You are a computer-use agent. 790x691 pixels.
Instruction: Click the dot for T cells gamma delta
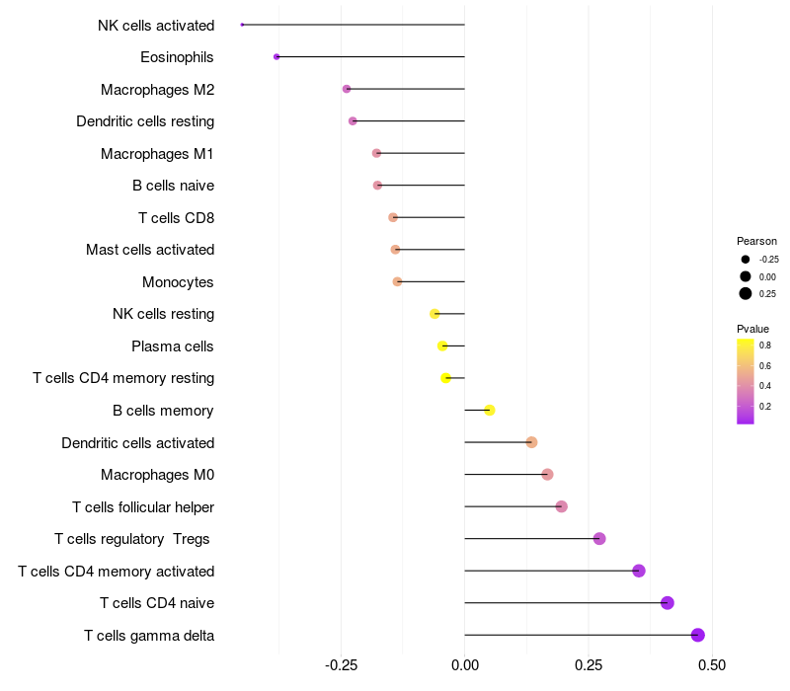tap(698, 635)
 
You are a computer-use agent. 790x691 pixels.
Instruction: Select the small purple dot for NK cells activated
tap(242, 25)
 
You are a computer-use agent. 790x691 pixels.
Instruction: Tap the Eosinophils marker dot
tap(276, 56)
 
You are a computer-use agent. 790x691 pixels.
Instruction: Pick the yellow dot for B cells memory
tap(489, 410)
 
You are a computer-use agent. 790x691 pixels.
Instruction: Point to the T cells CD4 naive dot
tap(668, 602)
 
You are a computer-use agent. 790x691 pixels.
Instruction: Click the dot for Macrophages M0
tap(547, 475)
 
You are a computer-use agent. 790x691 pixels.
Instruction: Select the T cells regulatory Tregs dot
tap(599, 538)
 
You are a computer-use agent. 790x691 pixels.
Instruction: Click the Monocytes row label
tap(178, 282)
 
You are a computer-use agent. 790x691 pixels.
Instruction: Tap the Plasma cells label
tap(173, 346)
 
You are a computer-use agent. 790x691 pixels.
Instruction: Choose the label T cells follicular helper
tap(143, 507)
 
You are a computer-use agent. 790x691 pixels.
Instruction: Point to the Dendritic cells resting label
tap(145, 121)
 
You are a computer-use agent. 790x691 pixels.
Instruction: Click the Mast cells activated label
tap(150, 250)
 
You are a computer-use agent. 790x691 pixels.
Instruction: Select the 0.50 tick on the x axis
tap(711, 666)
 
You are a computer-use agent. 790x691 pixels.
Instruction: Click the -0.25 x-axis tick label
tap(340, 666)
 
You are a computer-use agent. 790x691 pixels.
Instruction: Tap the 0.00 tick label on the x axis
tap(464, 666)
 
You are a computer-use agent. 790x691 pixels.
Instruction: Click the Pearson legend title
tap(756, 241)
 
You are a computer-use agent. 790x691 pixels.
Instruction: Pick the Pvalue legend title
tap(752, 329)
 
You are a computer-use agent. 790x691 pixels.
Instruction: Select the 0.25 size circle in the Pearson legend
tap(746, 293)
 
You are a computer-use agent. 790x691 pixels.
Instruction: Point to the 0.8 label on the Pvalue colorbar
tap(765, 345)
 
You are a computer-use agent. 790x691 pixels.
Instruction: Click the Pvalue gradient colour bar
tap(746, 381)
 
